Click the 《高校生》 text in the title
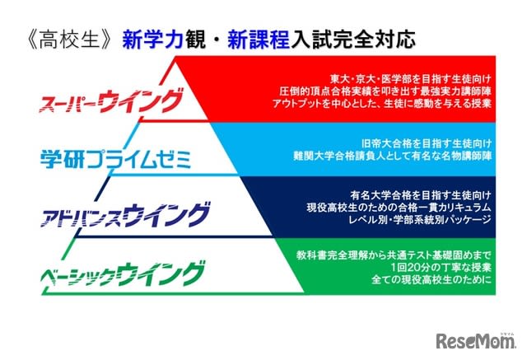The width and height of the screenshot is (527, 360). (x=69, y=40)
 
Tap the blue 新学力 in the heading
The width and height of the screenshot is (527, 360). (x=153, y=40)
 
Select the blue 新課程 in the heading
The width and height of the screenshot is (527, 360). (x=259, y=40)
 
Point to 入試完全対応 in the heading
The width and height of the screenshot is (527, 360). (x=353, y=40)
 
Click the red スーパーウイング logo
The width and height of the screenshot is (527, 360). (x=111, y=101)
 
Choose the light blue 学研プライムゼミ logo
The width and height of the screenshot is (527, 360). (x=116, y=159)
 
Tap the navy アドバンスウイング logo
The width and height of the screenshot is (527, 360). (x=125, y=215)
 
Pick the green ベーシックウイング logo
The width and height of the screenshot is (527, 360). (x=123, y=274)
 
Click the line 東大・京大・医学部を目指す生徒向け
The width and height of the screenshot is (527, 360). (x=410, y=79)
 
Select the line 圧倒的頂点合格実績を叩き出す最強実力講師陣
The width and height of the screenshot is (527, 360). (x=385, y=91)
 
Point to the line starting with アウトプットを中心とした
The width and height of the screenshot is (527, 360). (x=382, y=103)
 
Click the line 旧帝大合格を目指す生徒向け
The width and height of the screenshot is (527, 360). (x=427, y=143)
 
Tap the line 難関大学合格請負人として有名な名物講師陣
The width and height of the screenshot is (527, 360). (x=392, y=156)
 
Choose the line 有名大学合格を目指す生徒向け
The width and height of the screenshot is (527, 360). (x=421, y=195)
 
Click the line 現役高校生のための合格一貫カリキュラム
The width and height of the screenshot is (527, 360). (x=399, y=208)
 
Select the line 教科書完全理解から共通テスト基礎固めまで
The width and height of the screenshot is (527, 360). (x=394, y=255)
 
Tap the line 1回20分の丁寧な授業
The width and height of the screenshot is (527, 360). (x=441, y=267)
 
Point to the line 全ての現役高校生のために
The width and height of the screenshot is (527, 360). (x=431, y=279)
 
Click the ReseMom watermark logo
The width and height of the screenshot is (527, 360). (x=475, y=340)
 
